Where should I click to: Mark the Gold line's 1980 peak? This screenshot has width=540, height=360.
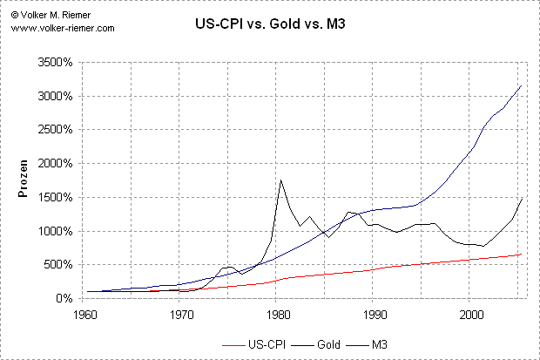point(280,180)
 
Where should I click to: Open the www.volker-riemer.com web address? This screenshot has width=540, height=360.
point(63,28)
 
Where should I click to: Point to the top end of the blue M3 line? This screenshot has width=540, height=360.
point(520,85)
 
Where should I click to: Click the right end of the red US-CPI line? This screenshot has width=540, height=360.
point(520,255)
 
